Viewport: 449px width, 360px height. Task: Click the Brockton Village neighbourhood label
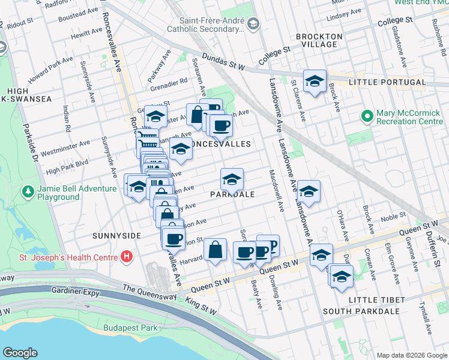319,40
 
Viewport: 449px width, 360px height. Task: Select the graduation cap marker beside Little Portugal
314,82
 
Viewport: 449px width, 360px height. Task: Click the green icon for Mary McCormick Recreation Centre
366,115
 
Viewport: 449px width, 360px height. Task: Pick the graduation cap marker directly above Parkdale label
232,179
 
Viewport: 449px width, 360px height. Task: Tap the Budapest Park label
130,328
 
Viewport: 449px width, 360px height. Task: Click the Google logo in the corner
20,353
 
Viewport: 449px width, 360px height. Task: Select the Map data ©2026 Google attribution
411,355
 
